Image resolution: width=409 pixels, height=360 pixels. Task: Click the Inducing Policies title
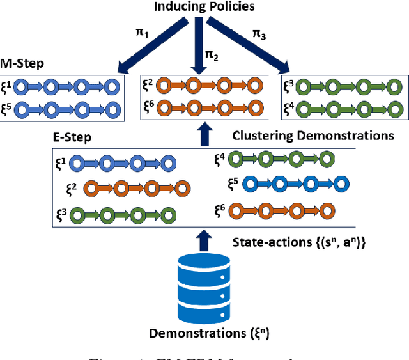204,8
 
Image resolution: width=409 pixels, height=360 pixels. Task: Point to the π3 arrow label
260,33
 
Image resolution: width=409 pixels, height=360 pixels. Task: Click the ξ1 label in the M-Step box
8,86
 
